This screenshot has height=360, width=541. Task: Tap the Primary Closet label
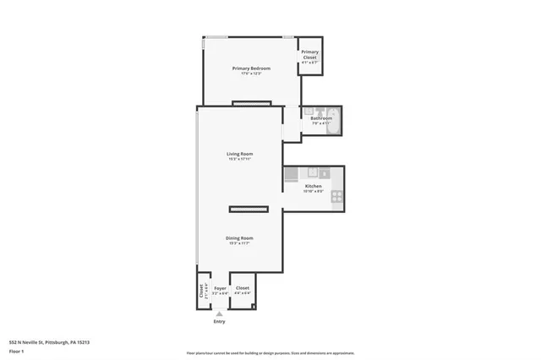coord(309,55)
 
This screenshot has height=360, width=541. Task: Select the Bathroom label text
coord(321,118)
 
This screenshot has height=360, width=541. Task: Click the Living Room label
coord(239,154)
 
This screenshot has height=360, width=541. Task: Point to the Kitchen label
coord(313,186)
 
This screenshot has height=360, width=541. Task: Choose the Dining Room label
coord(239,238)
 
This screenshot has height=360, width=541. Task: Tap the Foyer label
coord(220,288)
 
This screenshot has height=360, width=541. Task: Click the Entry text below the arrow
coord(220,321)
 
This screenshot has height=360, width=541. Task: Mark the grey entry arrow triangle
coord(220,313)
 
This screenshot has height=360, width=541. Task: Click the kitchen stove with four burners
coord(336,196)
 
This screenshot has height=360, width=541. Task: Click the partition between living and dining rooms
coord(249,208)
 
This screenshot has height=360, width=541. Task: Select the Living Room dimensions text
coord(239,159)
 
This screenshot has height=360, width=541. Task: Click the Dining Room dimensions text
coord(239,243)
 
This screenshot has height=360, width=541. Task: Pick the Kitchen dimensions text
coord(313,191)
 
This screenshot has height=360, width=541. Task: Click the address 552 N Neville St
coord(49,342)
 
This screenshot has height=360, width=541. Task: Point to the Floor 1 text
coord(17,351)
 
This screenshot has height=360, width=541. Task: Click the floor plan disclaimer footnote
coord(270,352)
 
